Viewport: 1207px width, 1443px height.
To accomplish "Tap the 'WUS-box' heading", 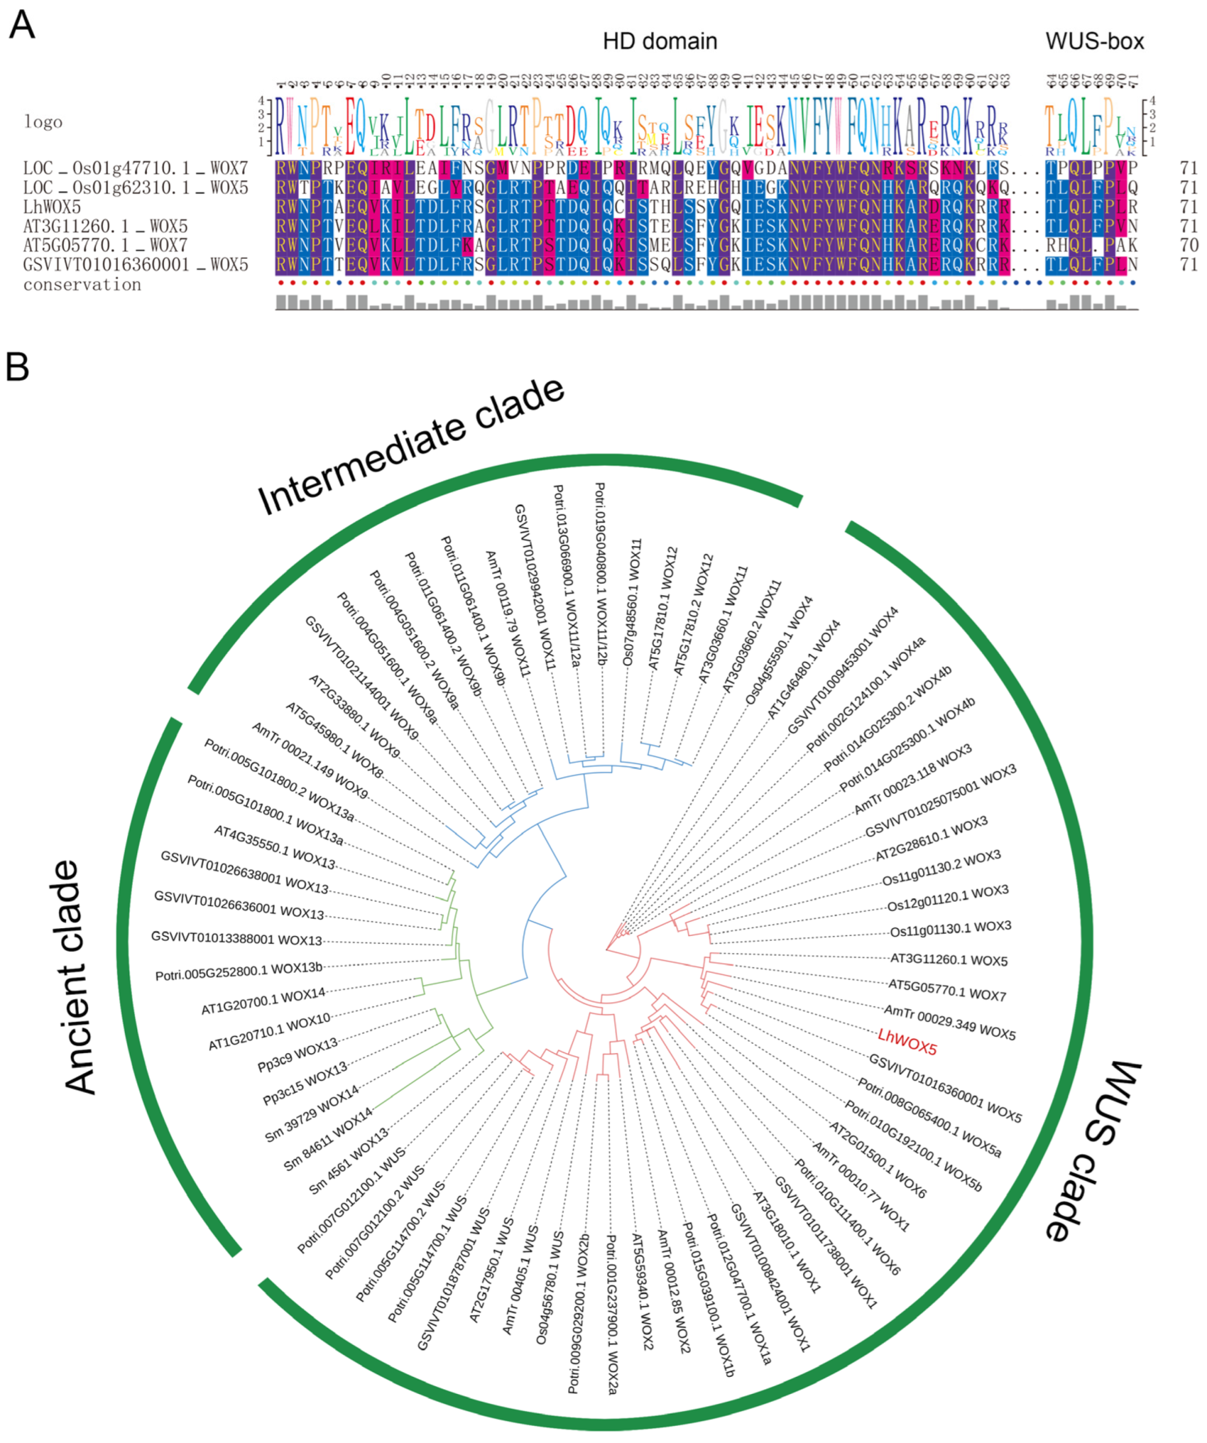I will point(1094,41).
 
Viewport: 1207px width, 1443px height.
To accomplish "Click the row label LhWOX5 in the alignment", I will point(52,207).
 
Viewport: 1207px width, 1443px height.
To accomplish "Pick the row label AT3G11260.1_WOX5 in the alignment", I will point(105,226).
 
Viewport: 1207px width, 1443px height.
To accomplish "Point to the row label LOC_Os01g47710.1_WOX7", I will point(135,168).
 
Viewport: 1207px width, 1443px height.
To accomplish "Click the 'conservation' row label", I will point(82,285).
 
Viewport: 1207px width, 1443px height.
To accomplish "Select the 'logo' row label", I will point(43,122).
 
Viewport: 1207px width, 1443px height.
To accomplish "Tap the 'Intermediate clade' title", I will point(411,447).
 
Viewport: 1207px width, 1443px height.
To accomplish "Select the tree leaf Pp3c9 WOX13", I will point(297,1055).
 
